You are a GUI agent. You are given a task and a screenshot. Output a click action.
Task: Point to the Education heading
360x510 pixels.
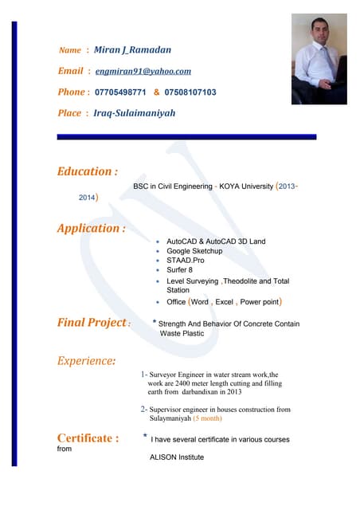(x=88, y=171)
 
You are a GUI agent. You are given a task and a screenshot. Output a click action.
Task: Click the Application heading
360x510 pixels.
(x=91, y=229)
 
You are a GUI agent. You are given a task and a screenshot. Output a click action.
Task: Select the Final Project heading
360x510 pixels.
(x=92, y=323)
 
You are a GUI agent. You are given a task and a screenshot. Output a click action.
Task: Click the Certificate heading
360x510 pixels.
(x=88, y=438)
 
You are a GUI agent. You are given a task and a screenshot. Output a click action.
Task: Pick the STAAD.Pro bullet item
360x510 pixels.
(x=185, y=261)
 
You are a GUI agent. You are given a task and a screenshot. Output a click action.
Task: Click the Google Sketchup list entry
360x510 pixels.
(x=194, y=251)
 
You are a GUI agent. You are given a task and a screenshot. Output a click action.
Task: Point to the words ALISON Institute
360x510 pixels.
(x=177, y=457)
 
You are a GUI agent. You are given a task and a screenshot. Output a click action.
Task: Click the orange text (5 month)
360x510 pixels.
(x=207, y=418)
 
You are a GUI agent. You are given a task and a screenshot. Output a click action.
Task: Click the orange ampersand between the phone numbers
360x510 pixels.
(x=156, y=92)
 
